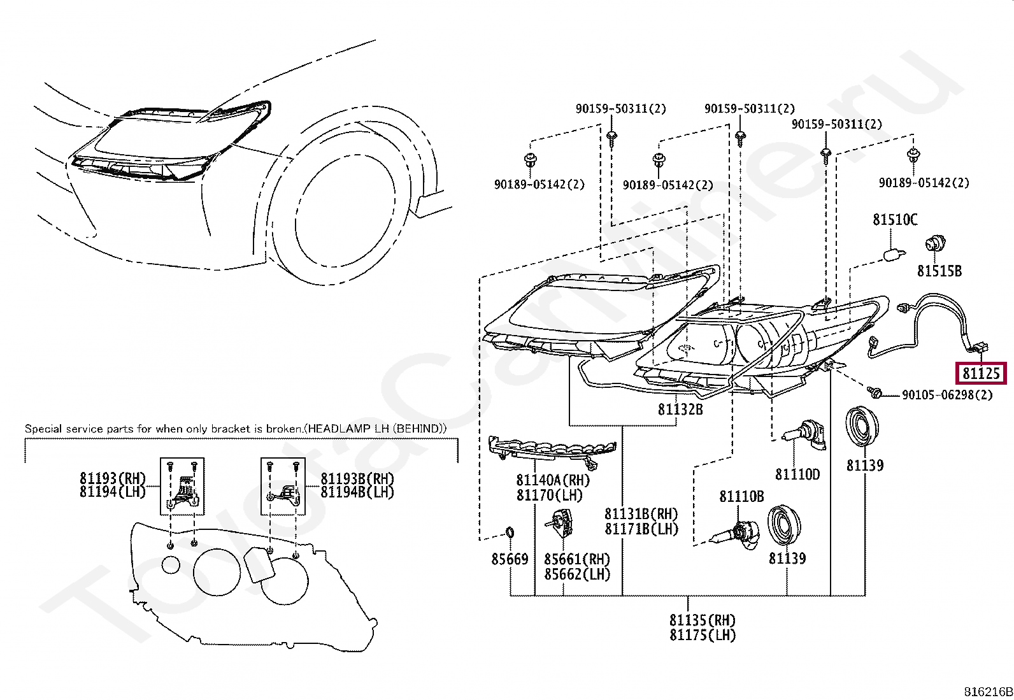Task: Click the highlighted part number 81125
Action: click(981, 373)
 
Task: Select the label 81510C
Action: click(895, 220)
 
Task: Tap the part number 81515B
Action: click(939, 271)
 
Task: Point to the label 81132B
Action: click(680, 410)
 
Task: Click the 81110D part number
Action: click(797, 475)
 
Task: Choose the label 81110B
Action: click(741, 497)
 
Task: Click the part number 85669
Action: click(510, 559)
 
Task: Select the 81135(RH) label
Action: click(703, 620)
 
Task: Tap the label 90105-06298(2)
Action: click(947, 395)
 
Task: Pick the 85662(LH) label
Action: click(577, 574)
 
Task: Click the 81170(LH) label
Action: click(550, 495)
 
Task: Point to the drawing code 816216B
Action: click(988, 692)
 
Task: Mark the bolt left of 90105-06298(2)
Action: click(873, 392)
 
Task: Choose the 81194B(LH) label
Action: click(357, 492)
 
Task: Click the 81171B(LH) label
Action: click(641, 529)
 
